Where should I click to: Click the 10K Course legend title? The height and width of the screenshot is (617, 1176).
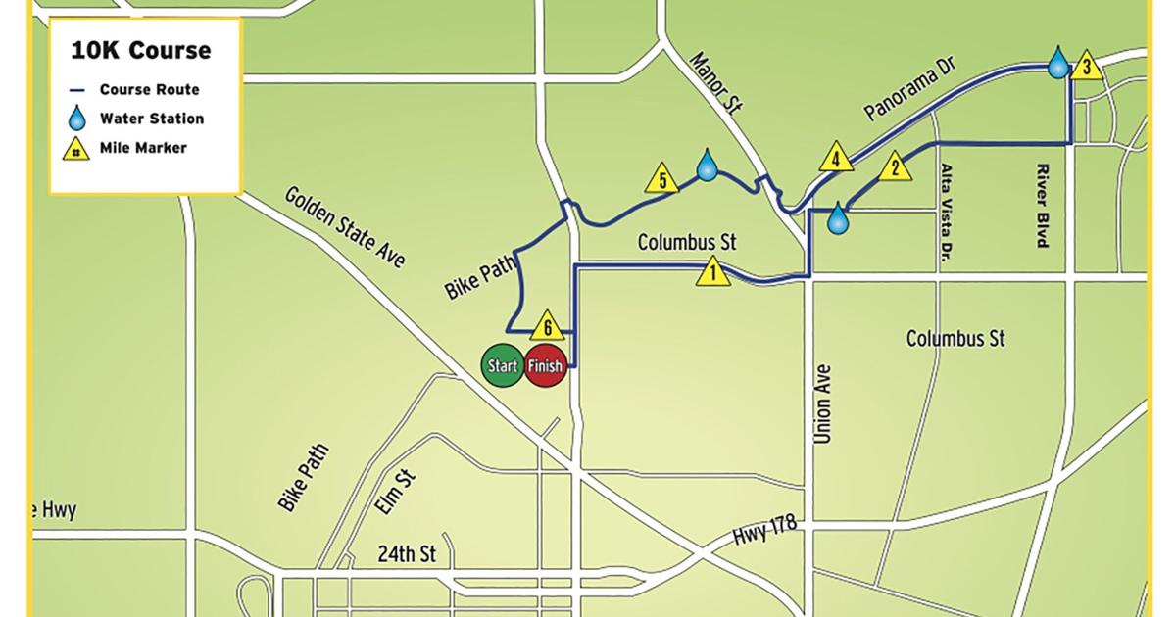140,51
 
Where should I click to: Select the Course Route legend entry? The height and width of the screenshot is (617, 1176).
149,89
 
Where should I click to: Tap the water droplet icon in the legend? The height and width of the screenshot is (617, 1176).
77,119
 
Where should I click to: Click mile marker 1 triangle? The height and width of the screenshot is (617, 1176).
713,271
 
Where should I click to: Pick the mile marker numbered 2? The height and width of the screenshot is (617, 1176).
893,166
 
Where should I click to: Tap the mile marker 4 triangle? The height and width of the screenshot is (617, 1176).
835,157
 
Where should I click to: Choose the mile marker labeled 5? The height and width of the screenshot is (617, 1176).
662,179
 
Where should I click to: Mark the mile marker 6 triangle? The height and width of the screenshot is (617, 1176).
548,324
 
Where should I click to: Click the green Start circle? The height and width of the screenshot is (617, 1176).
502,366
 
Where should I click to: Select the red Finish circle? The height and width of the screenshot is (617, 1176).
545,366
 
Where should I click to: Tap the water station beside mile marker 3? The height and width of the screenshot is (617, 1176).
1058,62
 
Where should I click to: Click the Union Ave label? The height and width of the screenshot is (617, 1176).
822,403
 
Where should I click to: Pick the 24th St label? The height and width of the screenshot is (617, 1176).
407,554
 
